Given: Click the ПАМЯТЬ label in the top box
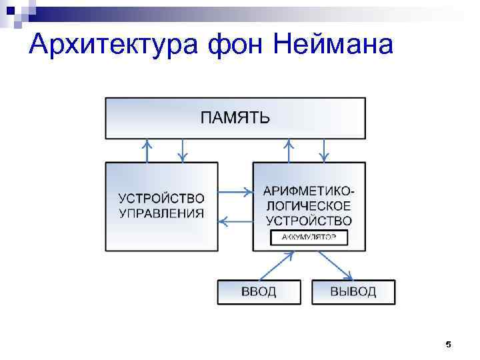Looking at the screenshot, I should point(235,119).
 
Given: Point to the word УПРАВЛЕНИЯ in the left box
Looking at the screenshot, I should point(161,213).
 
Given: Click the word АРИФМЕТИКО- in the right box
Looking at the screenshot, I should point(309,191).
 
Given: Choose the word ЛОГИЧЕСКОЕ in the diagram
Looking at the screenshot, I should point(309,205).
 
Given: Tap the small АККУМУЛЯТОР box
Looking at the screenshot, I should point(309,237).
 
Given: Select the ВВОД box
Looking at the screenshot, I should point(259,292).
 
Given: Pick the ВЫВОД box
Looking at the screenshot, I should point(353,292).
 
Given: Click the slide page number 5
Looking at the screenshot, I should point(448,345).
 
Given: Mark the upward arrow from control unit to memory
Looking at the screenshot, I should point(147,151).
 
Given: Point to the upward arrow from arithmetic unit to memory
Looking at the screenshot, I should point(289,151).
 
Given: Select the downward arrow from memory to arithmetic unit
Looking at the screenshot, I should point(324,151).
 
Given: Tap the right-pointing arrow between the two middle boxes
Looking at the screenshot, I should point(235,192).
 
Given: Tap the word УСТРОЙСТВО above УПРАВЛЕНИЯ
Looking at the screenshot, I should point(161,199).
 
